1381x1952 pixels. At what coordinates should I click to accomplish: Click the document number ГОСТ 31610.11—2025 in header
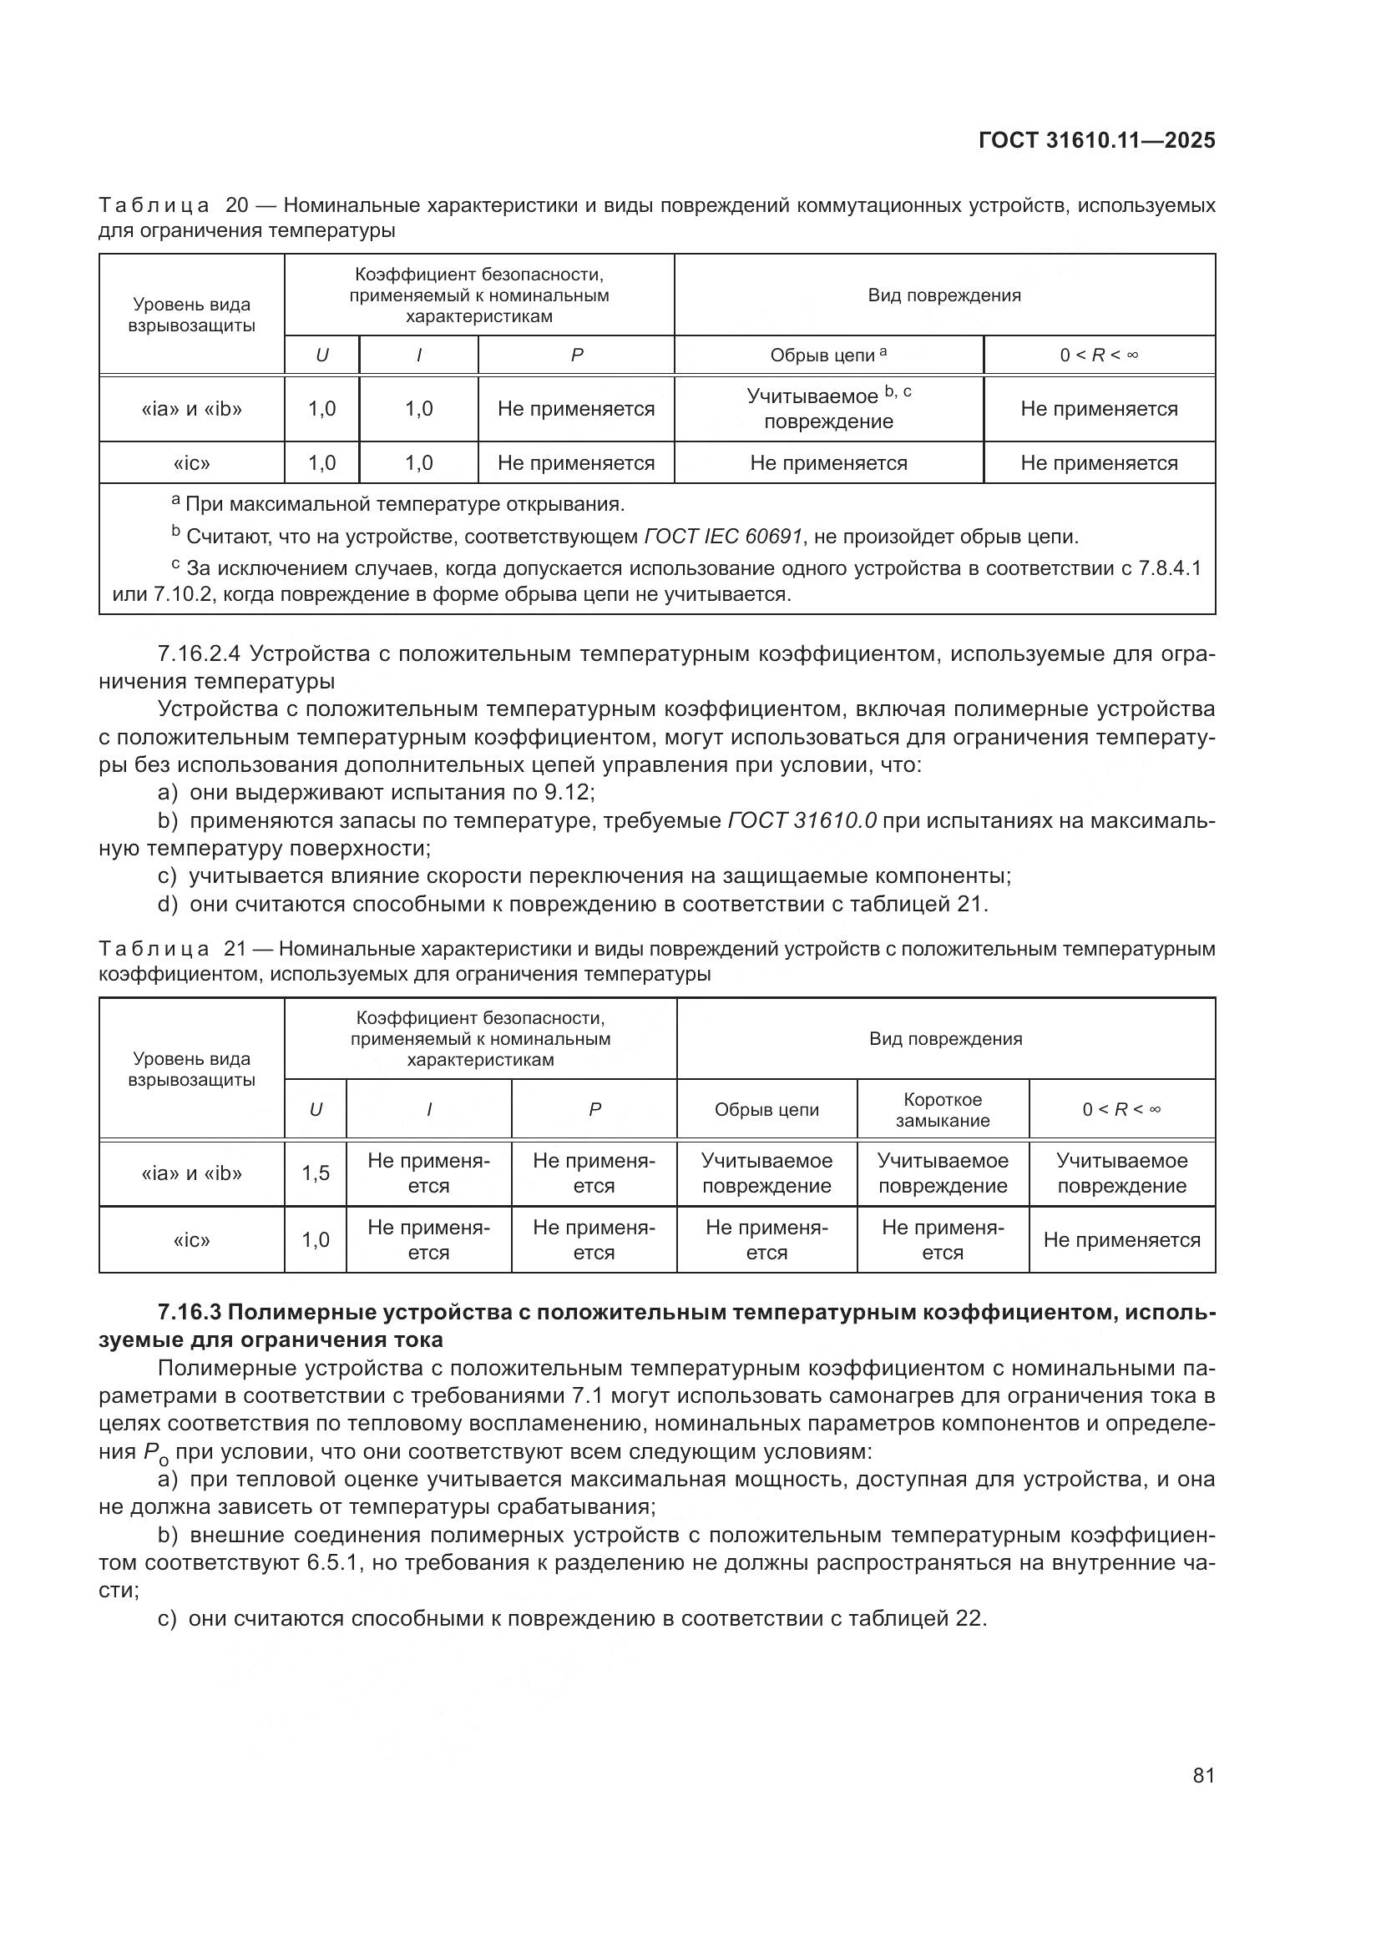[1096, 141]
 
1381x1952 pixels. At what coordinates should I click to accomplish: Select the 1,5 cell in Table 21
[316, 1173]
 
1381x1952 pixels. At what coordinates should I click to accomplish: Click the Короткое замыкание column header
[942, 1109]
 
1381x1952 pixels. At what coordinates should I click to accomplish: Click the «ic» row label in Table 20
[191, 463]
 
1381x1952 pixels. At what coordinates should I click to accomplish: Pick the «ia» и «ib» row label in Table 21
[191, 1173]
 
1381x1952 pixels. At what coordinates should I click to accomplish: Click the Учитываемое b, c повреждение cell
[828, 409]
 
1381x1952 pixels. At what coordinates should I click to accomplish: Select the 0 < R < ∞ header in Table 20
[1099, 356]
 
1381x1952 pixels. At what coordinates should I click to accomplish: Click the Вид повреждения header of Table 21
[945, 1039]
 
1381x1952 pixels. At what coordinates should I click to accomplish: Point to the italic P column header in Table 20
[577, 356]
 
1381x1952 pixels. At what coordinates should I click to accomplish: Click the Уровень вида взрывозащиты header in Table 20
[191, 315]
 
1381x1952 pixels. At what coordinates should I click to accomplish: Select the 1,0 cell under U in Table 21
[316, 1240]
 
